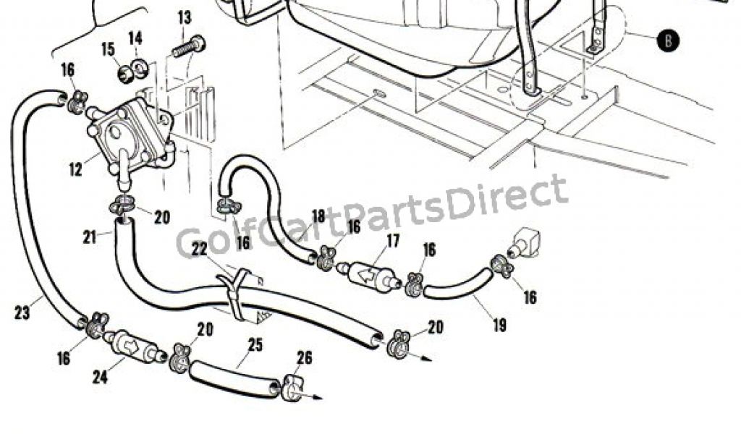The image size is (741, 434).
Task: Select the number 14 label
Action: pyautogui.click(x=136, y=38)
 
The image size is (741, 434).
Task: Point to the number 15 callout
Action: pyautogui.click(x=108, y=50)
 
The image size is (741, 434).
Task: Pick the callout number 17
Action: pyautogui.click(x=392, y=242)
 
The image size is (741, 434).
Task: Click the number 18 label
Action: pyautogui.click(x=318, y=216)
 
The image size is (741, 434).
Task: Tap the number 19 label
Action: pyautogui.click(x=499, y=325)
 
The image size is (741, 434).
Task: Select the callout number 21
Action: pyautogui.click(x=90, y=237)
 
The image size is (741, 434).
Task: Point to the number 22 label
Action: pyautogui.click(x=200, y=248)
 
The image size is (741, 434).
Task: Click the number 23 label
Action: pyautogui.click(x=22, y=313)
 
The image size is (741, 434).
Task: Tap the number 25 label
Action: pyautogui.click(x=254, y=344)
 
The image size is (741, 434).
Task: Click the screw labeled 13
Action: pyautogui.click(x=190, y=46)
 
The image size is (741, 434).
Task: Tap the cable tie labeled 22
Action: pyautogui.click(x=236, y=293)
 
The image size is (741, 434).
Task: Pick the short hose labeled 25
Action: pyautogui.click(x=233, y=379)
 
